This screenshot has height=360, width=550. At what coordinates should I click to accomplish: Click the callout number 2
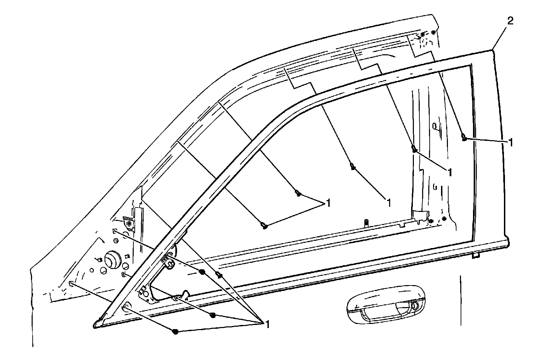pos(510,21)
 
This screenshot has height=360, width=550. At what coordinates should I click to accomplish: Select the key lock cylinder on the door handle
pos(415,305)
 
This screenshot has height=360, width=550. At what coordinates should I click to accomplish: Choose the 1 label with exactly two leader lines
pos(328,203)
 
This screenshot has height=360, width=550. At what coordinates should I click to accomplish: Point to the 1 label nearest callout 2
pos(511,142)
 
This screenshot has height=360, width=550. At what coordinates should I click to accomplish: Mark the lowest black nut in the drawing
pos(176,331)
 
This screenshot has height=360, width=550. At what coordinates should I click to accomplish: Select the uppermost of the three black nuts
pos(202,272)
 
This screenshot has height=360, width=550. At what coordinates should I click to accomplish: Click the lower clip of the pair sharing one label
pos(264,226)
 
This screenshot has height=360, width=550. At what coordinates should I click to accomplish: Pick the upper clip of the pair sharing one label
pos(298,194)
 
